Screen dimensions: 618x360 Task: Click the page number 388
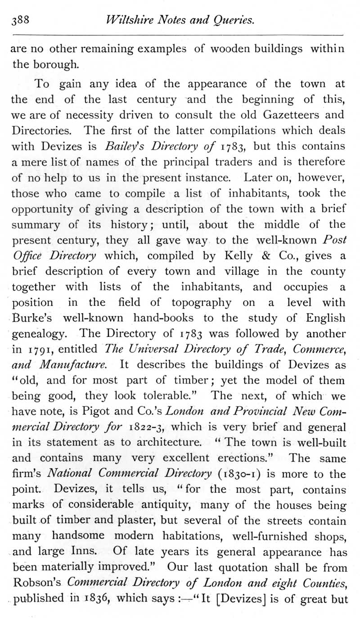(x=20, y=20)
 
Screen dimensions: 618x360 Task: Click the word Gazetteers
(x=279, y=115)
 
